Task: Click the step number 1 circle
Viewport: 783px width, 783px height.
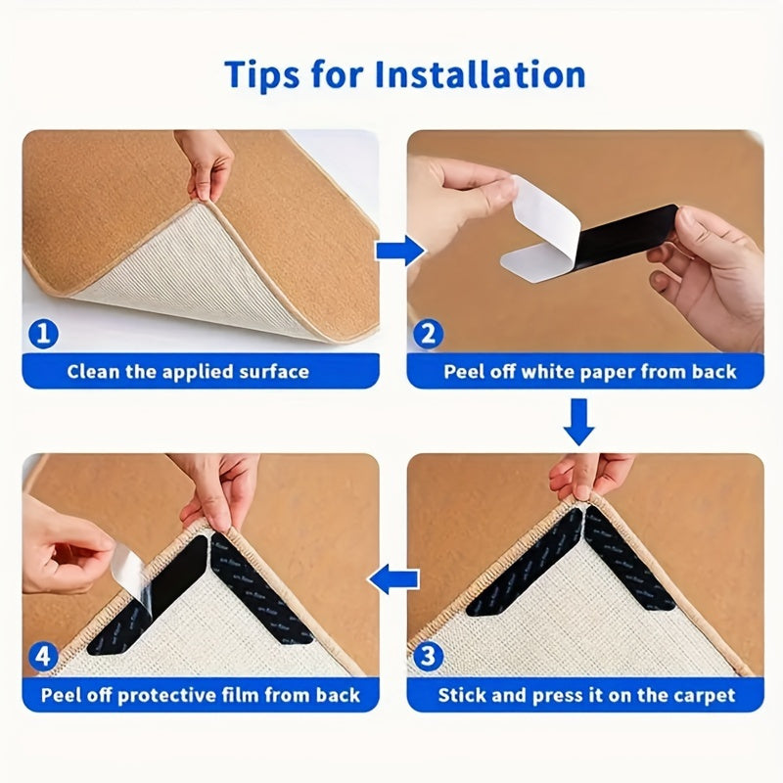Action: pyautogui.click(x=42, y=335)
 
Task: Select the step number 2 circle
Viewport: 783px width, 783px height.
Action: pyautogui.click(x=428, y=335)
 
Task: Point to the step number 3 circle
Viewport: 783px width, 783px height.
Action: pyautogui.click(x=428, y=658)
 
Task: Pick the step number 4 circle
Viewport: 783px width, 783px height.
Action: pyautogui.click(x=42, y=658)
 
